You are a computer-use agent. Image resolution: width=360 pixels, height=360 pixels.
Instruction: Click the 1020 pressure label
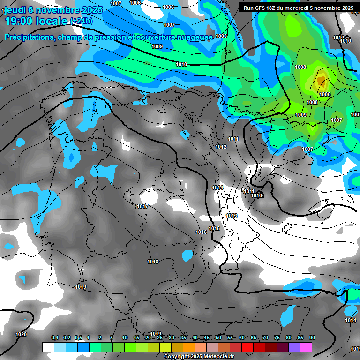[21, 334]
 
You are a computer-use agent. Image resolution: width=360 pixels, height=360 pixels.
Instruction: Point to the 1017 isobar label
[143, 206]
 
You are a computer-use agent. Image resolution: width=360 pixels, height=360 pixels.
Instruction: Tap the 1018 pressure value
[153, 262]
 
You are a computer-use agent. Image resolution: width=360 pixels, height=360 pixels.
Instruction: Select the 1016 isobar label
[201, 232]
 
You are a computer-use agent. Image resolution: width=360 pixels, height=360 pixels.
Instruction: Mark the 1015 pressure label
[214, 228]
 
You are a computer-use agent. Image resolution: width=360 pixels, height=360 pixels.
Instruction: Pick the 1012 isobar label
[221, 147]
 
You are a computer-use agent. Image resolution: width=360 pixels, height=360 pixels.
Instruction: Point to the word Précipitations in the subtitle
[28, 37]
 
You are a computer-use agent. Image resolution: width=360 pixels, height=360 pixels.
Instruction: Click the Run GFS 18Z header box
[298, 8]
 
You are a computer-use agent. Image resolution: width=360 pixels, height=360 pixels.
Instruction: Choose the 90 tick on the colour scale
[312, 337]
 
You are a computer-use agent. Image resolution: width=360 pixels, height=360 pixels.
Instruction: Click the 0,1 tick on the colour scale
[54, 337]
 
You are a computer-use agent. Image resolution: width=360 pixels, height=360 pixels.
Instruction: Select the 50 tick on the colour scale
[218, 337]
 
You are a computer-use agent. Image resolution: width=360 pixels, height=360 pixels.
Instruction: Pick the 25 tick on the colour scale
[160, 337]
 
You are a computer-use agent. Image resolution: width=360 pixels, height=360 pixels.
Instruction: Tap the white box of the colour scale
[48, 347]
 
